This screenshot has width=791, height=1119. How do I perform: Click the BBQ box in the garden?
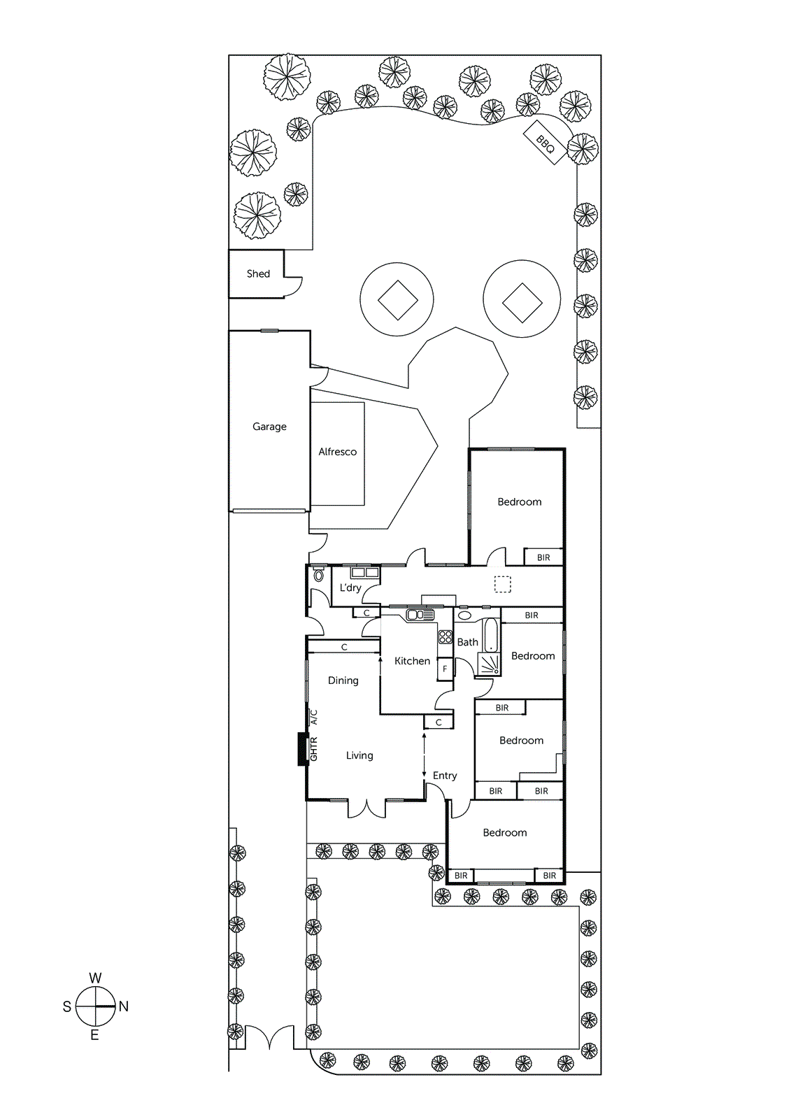(x=545, y=143)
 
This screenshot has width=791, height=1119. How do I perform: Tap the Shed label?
(x=258, y=274)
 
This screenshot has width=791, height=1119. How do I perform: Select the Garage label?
(x=269, y=427)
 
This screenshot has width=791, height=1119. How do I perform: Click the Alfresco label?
(x=337, y=452)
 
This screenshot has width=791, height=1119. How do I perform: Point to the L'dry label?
(x=350, y=587)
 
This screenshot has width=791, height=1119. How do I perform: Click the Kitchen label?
(x=412, y=661)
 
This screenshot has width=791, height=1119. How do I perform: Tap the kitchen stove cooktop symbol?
(x=446, y=637)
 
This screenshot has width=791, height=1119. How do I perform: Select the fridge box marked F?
(x=445, y=669)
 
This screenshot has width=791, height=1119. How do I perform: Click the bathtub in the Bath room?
(x=491, y=634)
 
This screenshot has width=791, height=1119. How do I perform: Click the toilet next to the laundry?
(x=319, y=576)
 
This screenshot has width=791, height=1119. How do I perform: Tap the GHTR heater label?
(x=313, y=748)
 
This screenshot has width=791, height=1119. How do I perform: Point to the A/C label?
(x=313, y=717)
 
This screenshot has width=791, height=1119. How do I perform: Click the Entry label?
(x=445, y=776)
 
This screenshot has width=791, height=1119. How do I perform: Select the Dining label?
(x=343, y=680)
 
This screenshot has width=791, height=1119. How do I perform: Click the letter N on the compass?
(x=124, y=1006)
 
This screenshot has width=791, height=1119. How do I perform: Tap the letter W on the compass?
(x=95, y=978)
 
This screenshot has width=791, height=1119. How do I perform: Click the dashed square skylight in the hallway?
(x=503, y=584)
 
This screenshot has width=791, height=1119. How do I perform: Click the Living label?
(x=359, y=755)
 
